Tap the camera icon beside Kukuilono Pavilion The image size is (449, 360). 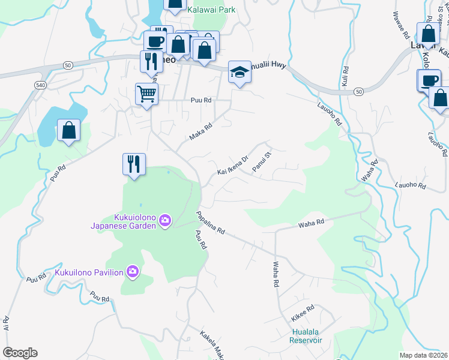133,272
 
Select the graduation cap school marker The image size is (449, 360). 240,72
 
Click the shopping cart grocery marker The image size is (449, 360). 146,94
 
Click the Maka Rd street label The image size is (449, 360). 201,132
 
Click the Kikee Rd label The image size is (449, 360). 302,313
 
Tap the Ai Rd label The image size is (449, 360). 6,324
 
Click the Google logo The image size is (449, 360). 20,353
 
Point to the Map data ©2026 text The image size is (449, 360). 423,355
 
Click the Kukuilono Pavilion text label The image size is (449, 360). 89,272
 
